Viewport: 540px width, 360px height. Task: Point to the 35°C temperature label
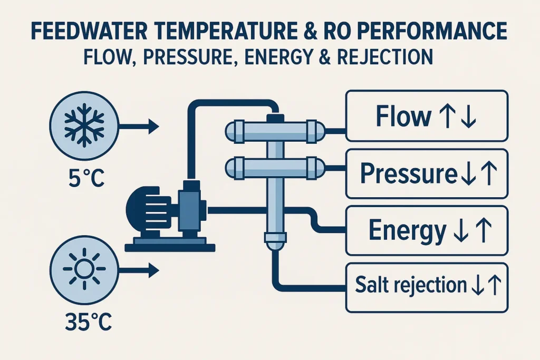coord(84,322)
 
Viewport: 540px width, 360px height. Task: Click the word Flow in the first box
coord(399,117)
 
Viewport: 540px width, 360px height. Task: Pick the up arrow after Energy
coord(485,230)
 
